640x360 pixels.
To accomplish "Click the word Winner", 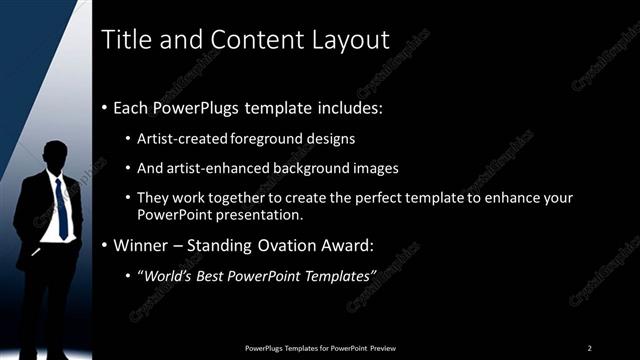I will [138, 245].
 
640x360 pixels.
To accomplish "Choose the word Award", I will [348, 245].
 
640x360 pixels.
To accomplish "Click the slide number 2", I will [589, 347].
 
